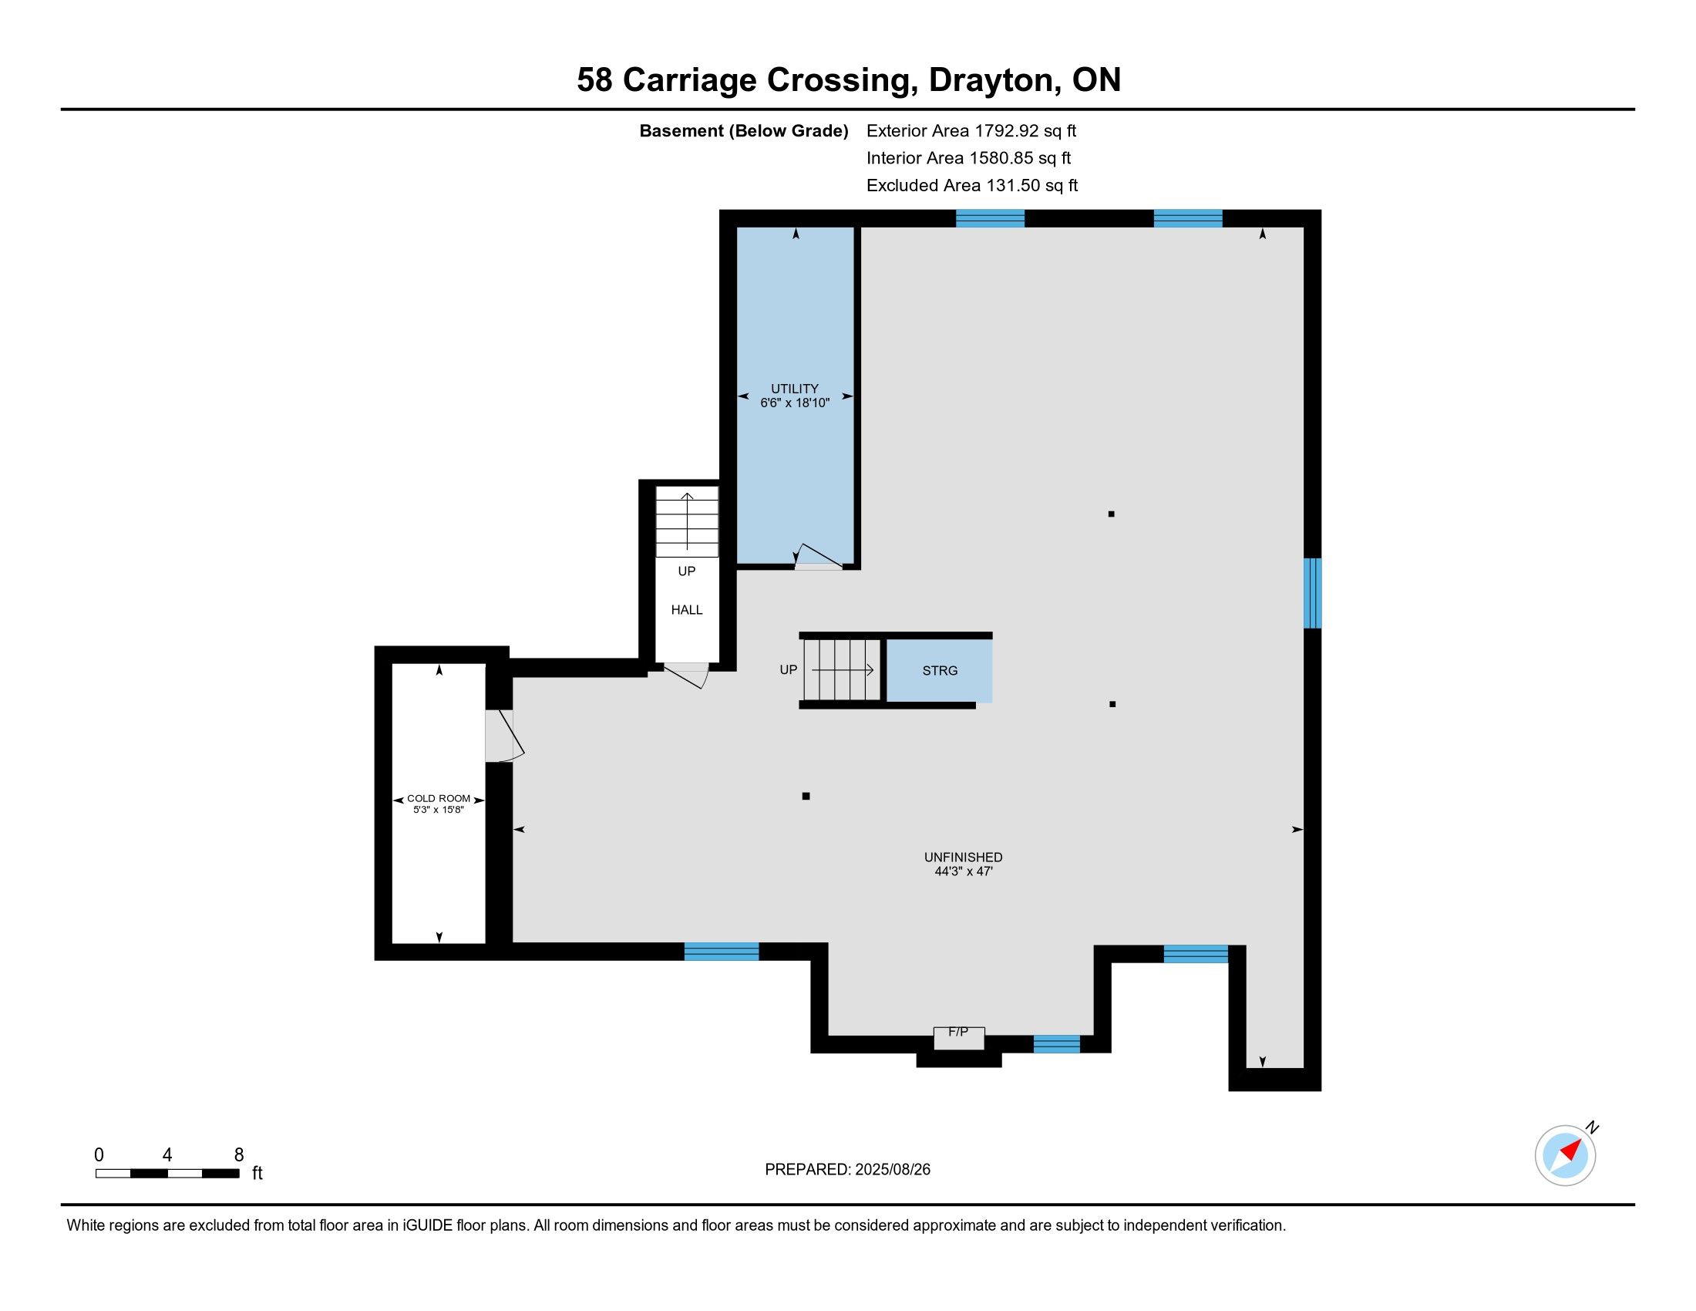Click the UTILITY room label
tap(794, 389)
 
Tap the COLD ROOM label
tap(439, 798)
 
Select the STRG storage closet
tap(939, 670)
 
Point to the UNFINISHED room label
tap(963, 858)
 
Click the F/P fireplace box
tap(959, 1037)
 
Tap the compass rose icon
tap(1566, 1155)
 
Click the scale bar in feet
tap(167, 1173)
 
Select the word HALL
tap(686, 610)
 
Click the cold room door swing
tap(505, 736)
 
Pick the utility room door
tap(818, 558)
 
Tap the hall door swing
tap(686, 675)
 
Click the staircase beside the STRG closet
tap(843, 669)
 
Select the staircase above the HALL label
tap(686, 522)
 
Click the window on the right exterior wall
tap(1311, 592)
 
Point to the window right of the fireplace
tap(1056, 1044)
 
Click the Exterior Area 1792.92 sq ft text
tap(971, 130)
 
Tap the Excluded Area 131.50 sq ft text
tap(971, 185)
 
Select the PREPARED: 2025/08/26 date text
tap(847, 1169)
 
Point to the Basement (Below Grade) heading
tap(743, 130)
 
